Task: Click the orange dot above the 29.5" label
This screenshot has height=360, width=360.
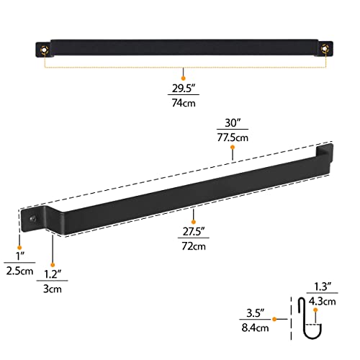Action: coord(183,77)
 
